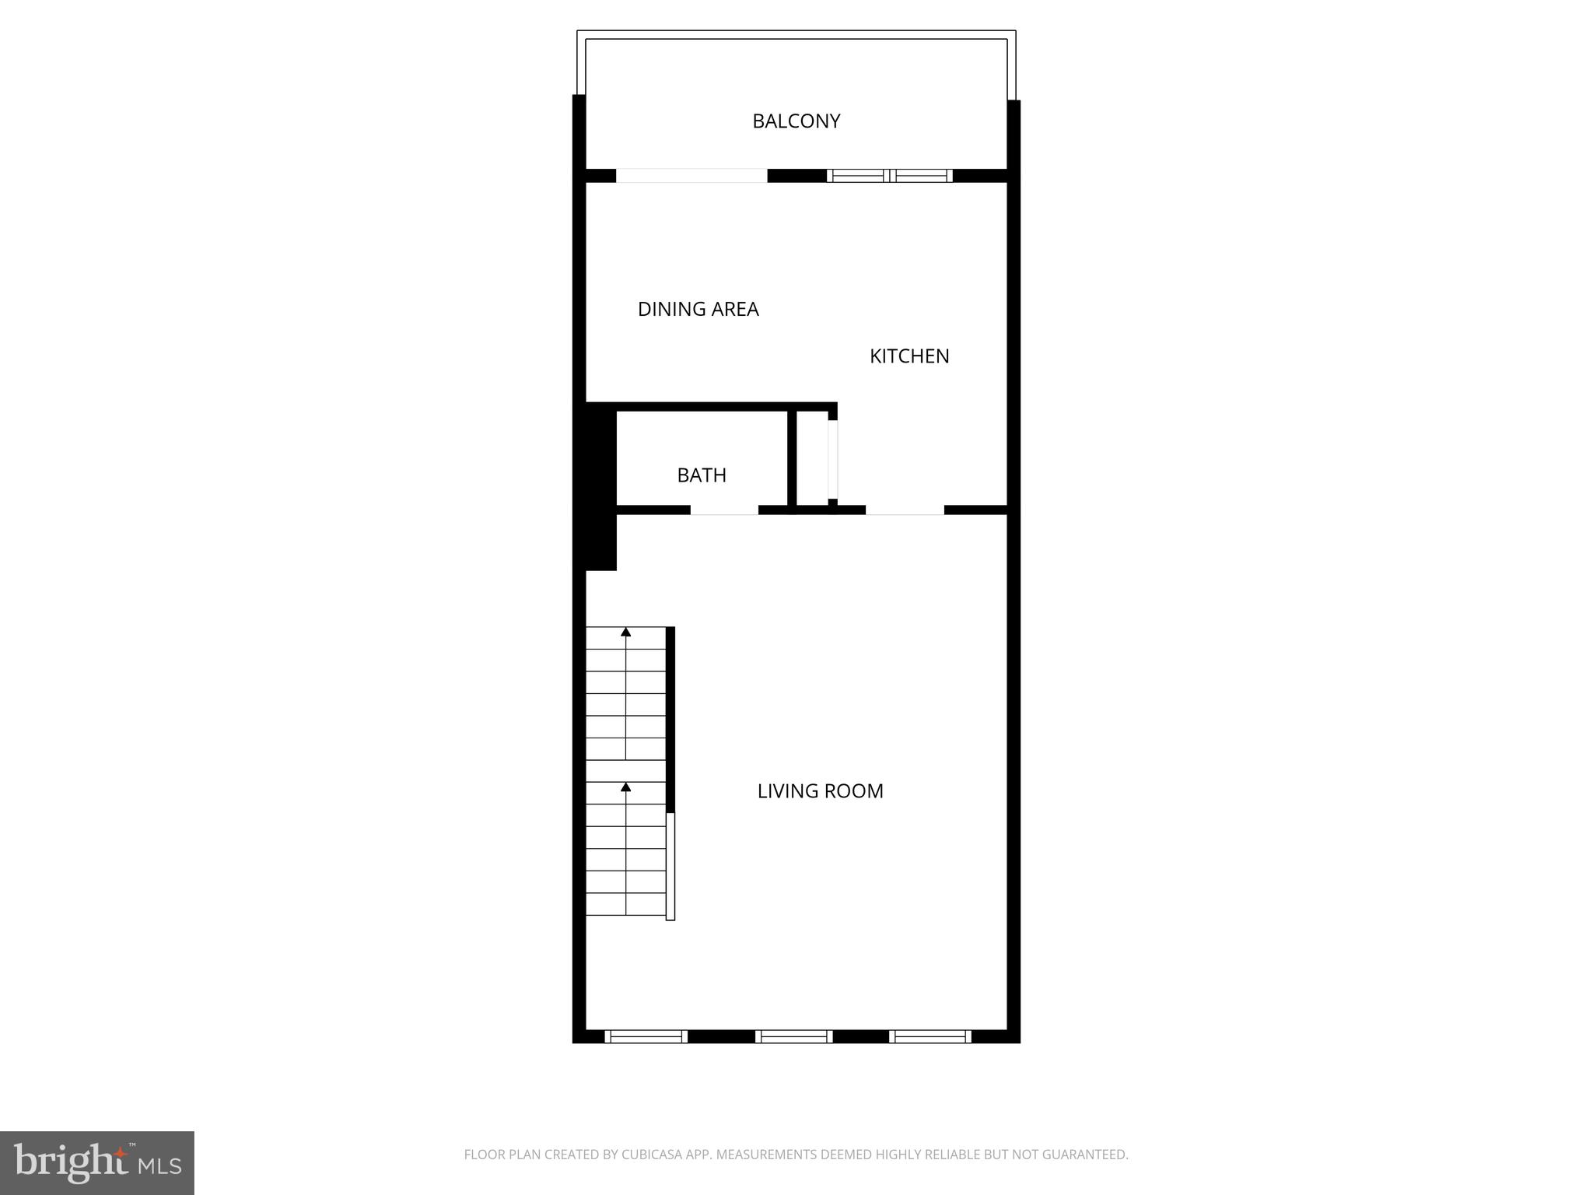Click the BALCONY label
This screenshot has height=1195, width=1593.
[796, 121]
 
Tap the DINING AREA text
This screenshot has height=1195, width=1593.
[698, 310]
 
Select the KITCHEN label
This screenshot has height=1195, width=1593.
[909, 356]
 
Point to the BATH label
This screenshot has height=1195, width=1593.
[701, 475]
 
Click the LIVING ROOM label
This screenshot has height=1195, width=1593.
[820, 791]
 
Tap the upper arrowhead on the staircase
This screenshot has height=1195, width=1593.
[625, 632]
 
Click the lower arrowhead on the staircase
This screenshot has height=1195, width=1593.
[625, 787]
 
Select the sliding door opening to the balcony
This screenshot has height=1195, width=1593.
[691, 176]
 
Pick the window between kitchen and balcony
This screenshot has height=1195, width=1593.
[889, 176]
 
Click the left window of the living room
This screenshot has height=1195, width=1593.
[646, 1036]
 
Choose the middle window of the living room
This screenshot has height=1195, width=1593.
[793, 1036]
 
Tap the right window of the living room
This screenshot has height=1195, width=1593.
[930, 1036]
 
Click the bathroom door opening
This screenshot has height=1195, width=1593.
[724, 510]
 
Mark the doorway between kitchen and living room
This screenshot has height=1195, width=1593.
[905, 510]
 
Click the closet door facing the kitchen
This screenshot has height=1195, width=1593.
[833, 459]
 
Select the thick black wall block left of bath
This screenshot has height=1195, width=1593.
[600, 486]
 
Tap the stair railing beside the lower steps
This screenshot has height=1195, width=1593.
[670, 866]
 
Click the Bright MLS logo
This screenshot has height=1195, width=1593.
[97, 1163]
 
